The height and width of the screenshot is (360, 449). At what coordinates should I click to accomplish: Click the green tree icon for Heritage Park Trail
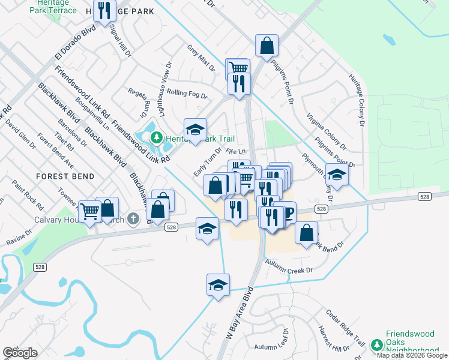157,137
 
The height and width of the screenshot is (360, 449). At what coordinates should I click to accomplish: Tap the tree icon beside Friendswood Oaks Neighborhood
377,345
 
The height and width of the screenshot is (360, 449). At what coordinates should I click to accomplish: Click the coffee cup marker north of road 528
286,213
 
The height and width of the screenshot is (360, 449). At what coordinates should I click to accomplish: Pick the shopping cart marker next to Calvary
89,211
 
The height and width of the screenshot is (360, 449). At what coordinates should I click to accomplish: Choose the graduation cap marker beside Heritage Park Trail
194,129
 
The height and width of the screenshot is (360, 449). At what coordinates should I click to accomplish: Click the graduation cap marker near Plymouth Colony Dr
337,174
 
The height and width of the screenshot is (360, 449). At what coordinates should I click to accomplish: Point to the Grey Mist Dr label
200,58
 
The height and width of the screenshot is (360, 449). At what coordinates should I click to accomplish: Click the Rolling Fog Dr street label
187,94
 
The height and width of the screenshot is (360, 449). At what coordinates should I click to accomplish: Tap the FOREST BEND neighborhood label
65,176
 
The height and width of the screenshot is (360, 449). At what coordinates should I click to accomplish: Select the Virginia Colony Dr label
326,131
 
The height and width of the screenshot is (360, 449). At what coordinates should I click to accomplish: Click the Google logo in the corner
20,353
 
